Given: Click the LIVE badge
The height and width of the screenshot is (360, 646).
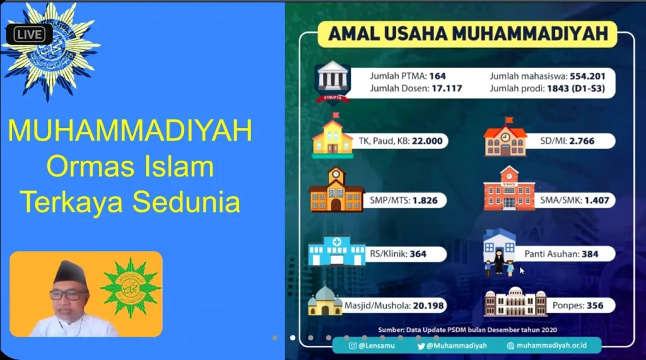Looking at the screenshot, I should click(x=29, y=34).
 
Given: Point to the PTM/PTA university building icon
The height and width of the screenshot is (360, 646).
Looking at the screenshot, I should click(x=332, y=81).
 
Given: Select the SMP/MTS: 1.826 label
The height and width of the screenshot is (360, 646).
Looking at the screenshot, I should click(x=403, y=200).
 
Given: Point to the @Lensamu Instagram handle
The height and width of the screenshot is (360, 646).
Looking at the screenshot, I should click(x=377, y=345).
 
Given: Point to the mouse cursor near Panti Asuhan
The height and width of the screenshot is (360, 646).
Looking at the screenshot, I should click(x=522, y=270).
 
